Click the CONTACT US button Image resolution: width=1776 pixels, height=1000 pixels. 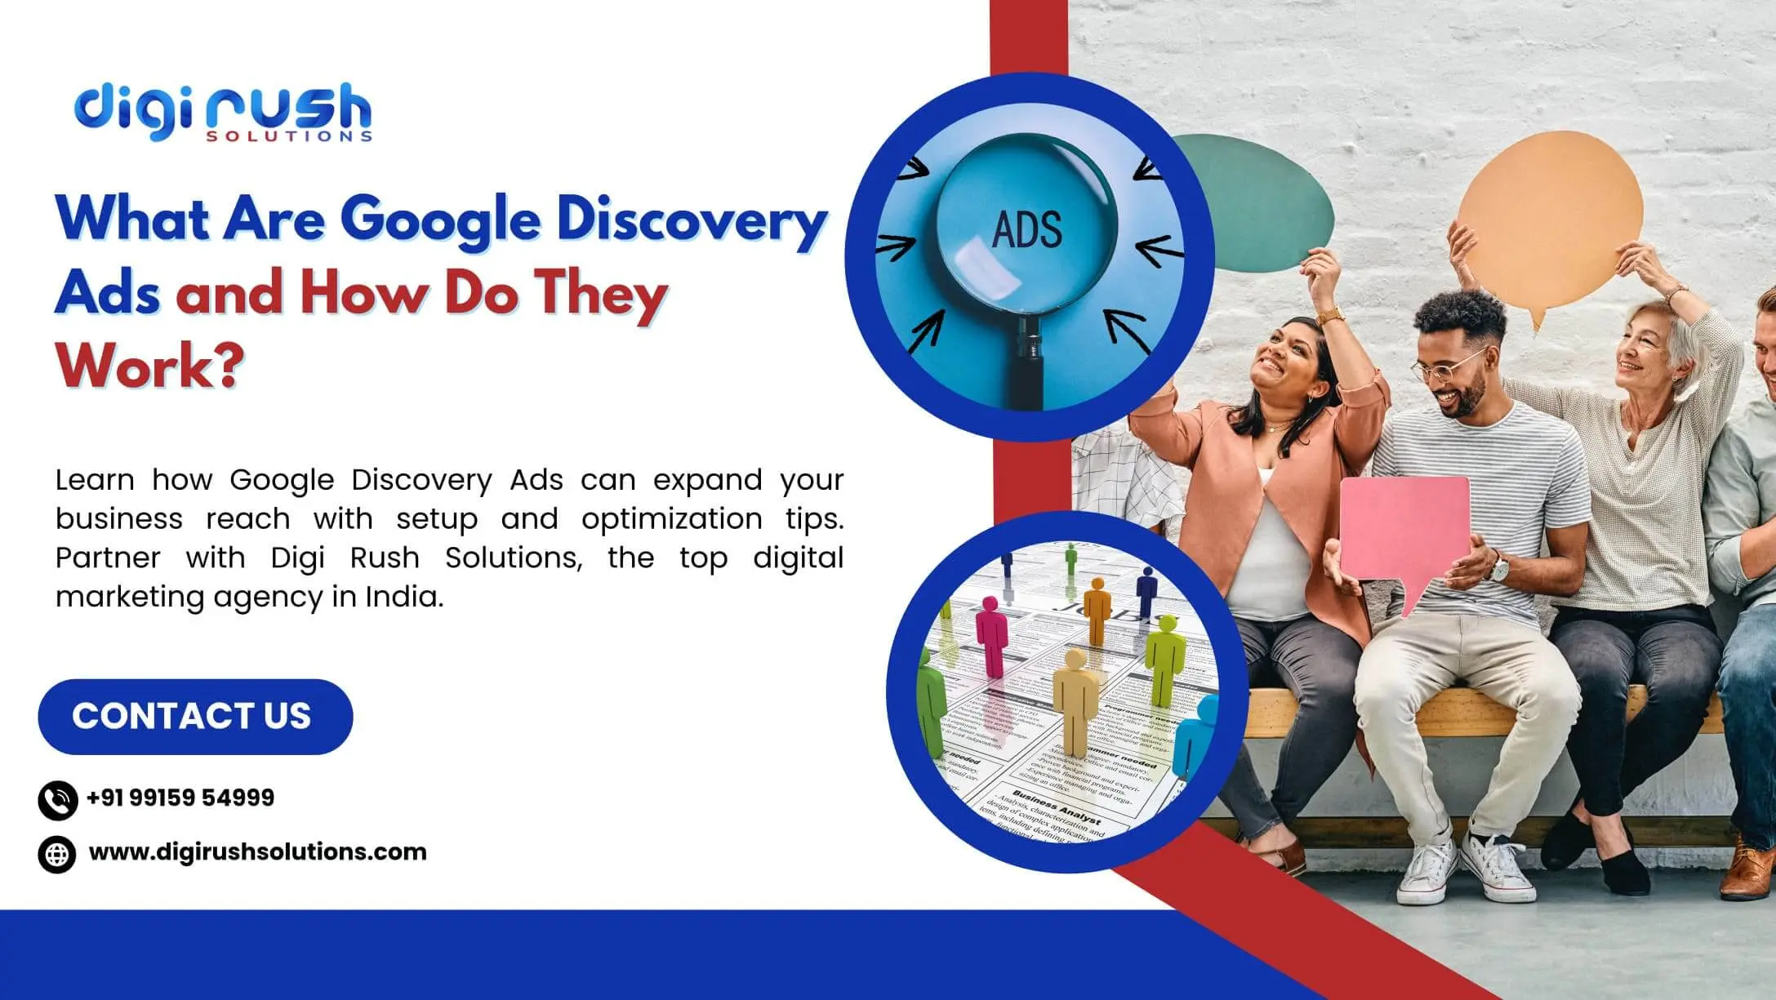tap(195, 716)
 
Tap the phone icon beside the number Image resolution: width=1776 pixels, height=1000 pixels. tap(58, 800)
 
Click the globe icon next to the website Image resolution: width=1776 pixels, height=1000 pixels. tap(57, 855)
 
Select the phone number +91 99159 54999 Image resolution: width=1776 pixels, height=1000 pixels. tap(180, 798)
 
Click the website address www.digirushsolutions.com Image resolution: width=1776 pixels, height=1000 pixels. tap(257, 851)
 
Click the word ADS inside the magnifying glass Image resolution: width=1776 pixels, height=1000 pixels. tap(1026, 229)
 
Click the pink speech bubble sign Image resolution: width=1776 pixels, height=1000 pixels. tap(1404, 531)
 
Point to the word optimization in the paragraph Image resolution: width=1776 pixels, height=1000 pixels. tap(672, 519)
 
